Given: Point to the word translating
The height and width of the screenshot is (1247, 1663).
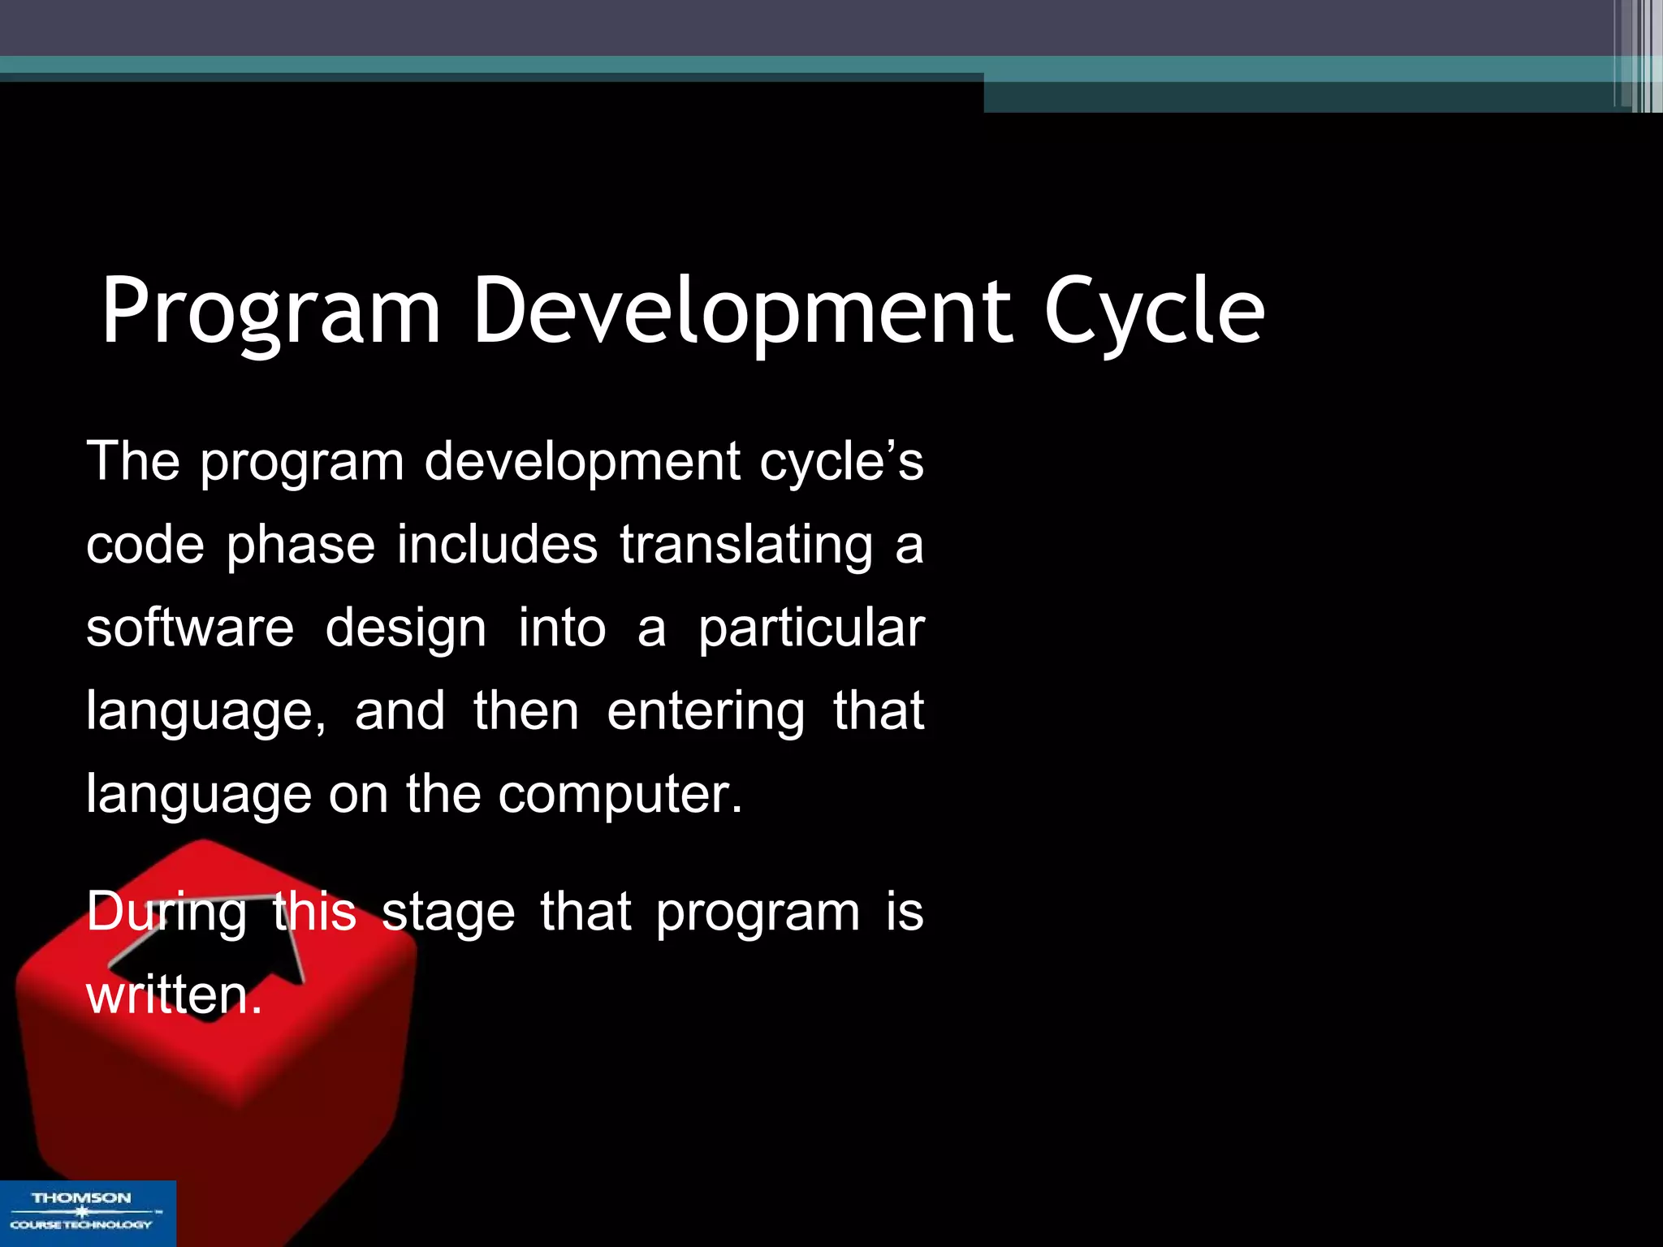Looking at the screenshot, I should tap(746, 544).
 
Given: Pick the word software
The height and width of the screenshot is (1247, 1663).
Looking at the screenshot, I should tap(190, 628).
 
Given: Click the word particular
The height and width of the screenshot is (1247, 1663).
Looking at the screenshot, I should tap(810, 629).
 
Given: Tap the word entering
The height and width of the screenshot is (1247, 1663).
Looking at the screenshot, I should tap(706, 712).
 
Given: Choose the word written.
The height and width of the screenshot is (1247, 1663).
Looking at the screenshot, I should tap(174, 995).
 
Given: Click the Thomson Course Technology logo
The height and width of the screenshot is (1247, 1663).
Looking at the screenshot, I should tap(87, 1212).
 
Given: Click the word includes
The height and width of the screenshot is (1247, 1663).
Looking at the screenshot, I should tap(497, 544).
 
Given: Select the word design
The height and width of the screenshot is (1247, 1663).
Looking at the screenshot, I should tap(405, 629).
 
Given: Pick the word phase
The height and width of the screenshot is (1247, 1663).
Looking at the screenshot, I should tap(300, 546).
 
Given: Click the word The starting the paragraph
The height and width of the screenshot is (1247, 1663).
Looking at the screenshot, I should tap(133, 461).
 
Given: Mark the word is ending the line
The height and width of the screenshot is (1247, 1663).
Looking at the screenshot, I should tap(904, 913).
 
